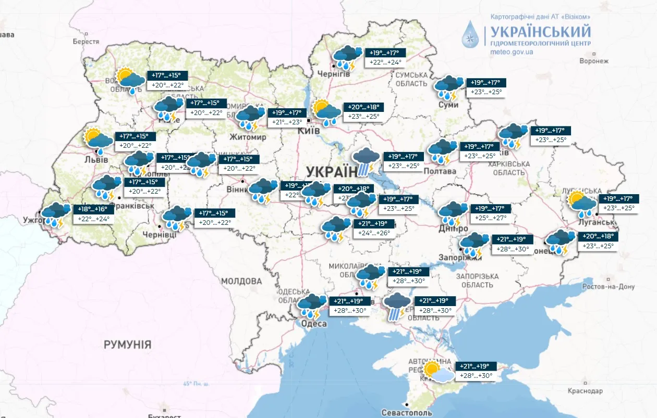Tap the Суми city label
pos(448,105)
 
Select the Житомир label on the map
pos(248,137)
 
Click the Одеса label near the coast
pos(314,324)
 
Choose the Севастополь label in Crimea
pos(407,412)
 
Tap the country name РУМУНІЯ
pos(127,345)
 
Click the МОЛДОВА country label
pos(241,281)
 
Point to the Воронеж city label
pos(594,61)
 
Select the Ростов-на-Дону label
pos(609,287)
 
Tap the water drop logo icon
pos(471,34)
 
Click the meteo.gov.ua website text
pos(512,53)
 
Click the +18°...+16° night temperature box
pos(93,209)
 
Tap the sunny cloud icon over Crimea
pos(437,372)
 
